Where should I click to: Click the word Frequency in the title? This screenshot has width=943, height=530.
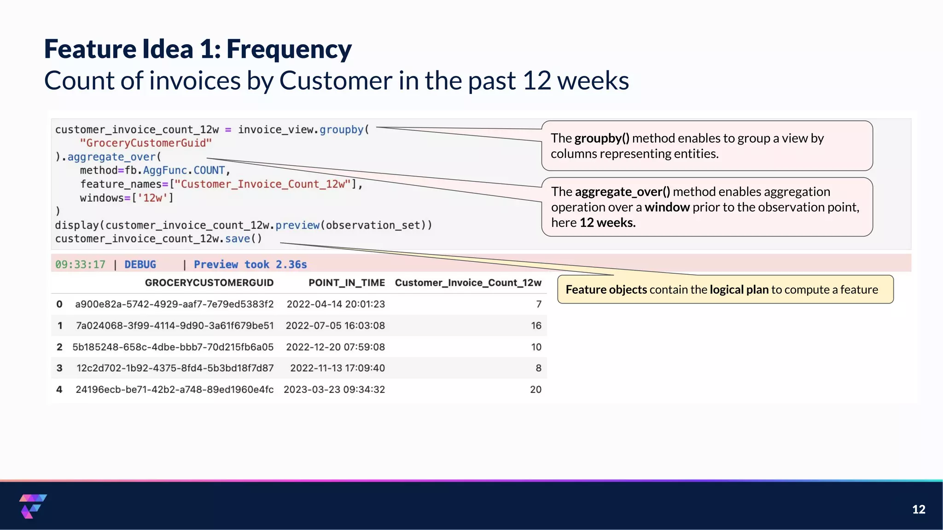click(289, 49)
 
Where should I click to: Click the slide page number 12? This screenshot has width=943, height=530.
click(919, 509)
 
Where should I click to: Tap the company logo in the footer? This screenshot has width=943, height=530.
click(33, 506)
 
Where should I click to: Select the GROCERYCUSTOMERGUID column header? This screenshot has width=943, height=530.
click(209, 283)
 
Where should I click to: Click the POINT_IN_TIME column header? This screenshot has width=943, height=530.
click(346, 283)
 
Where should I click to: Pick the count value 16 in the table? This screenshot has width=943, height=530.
click(536, 326)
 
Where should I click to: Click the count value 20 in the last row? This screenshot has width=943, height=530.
click(536, 390)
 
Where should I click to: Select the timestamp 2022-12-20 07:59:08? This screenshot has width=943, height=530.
click(335, 347)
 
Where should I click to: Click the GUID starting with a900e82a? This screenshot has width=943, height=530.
click(174, 304)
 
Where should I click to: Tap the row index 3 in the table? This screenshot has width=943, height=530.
click(59, 368)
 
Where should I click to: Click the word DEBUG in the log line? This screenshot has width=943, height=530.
click(140, 265)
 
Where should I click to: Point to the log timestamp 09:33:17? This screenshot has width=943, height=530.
click(80, 265)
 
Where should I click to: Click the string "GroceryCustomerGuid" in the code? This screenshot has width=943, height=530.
click(146, 143)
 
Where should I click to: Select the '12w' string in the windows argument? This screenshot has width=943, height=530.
click(152, 198)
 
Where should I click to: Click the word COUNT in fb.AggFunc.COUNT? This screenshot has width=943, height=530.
click(209, 171)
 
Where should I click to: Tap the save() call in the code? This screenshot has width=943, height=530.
click(243, 239)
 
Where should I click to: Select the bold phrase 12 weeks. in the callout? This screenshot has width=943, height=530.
click(607, 223)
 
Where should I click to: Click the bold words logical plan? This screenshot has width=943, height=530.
click(739, 289)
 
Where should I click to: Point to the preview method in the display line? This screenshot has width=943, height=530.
click(297, 225)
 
